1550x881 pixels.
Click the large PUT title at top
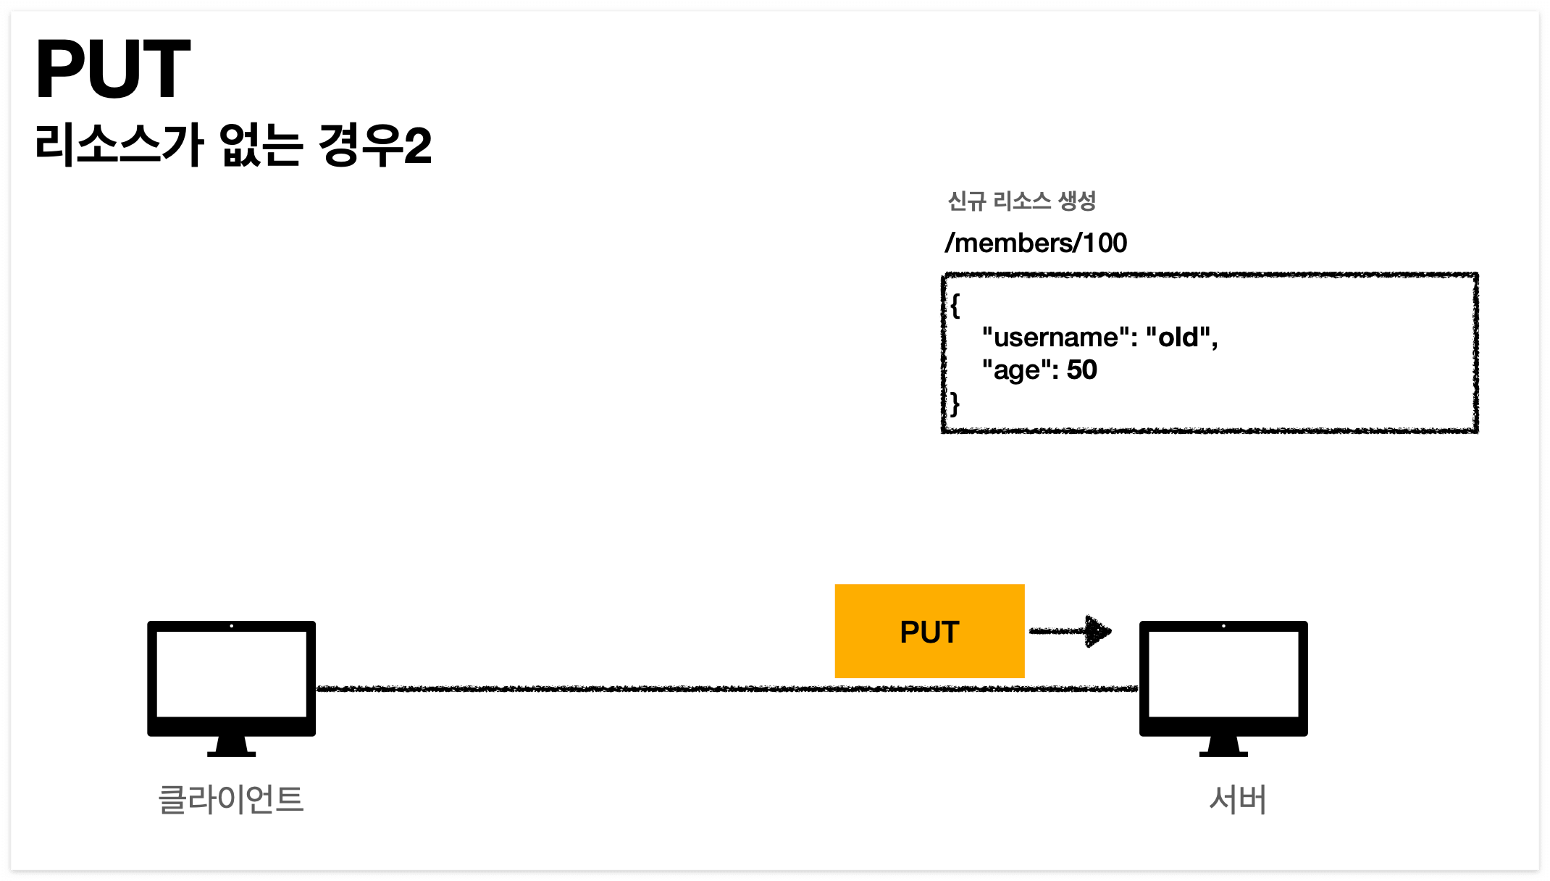point(113,70)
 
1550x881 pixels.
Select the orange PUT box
point(929,631)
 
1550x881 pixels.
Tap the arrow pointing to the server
point(1071,631)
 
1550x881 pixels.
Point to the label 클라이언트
point(231,799)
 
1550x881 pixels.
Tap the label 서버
point(1238,799)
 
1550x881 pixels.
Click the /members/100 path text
point(1036,243)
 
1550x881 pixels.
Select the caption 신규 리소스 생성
point(1021,201)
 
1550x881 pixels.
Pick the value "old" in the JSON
point(1178,338)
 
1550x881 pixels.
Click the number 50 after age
point(1081,370)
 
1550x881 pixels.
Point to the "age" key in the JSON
point(1016,370)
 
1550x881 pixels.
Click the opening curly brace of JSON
point(955,305)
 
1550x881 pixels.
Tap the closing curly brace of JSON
point(955,404)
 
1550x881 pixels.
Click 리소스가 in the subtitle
point(120,145)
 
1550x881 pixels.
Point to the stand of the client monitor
point(231,747)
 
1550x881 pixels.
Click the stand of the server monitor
point(1223,747)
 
